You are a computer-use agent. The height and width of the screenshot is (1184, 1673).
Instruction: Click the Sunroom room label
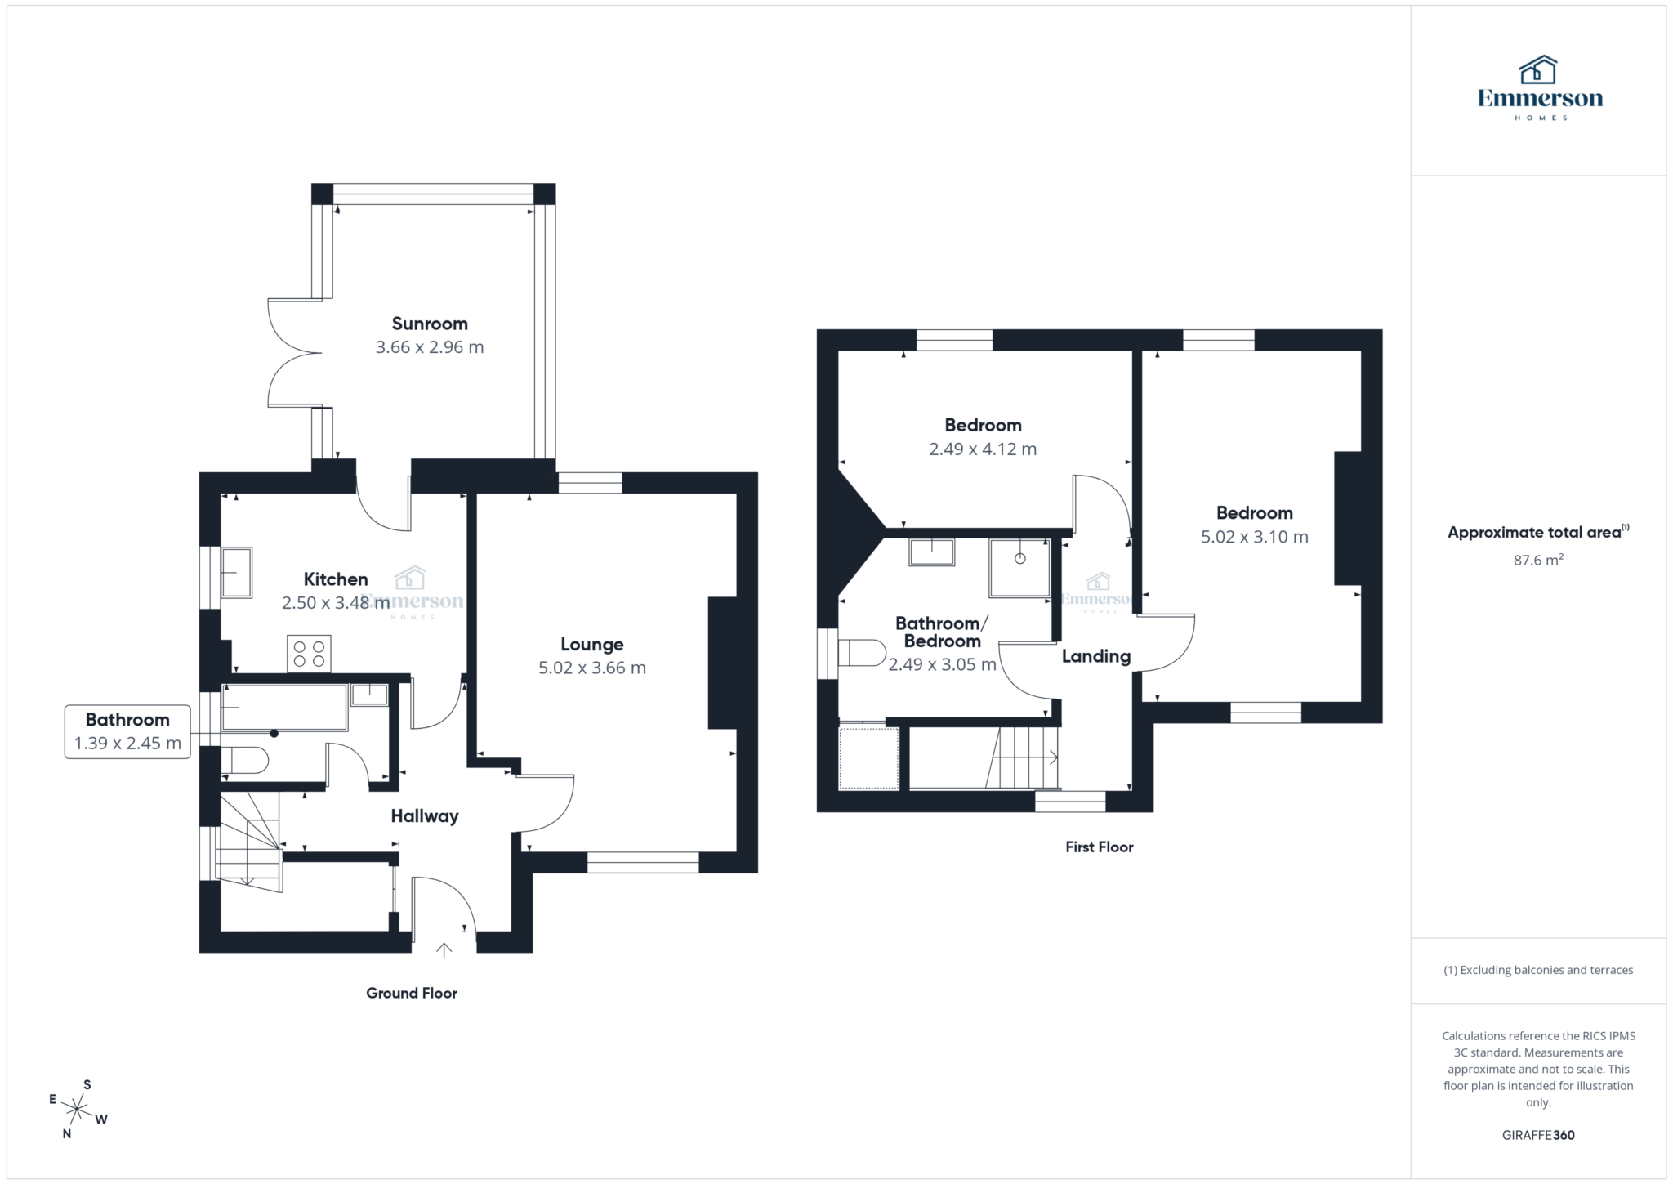pos(430,324)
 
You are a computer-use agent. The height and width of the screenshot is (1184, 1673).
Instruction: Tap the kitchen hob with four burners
pos(309,653)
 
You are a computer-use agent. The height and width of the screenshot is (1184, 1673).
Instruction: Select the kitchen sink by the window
pos(236,572)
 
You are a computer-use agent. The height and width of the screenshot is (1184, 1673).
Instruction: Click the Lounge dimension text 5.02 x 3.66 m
pos(592,668)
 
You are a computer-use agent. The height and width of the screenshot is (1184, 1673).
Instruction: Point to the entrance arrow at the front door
pos(444,949)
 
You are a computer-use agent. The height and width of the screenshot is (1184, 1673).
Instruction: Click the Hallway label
pos(425,815)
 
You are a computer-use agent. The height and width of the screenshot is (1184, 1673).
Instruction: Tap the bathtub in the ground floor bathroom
pos(283,708)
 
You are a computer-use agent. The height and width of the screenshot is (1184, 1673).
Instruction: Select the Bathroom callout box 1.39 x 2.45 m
pos(127,731)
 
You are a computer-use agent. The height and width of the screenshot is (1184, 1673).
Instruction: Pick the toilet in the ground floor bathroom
pos(245,761)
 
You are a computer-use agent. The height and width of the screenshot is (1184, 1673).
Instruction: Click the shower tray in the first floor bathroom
pos(1019,567)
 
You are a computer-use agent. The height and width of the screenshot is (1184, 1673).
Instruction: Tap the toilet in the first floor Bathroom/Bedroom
pos(863,653)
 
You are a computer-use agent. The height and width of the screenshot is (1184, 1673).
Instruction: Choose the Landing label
pos(1095,656)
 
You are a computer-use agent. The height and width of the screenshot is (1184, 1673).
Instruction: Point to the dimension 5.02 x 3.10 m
pos(1254,537)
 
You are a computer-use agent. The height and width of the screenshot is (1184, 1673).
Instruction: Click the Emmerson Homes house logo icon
pos(1537,70)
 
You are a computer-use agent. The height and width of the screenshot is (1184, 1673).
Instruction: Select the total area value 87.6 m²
pos(1537,560)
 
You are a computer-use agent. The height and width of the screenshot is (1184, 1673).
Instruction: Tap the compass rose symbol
pos(77,1109)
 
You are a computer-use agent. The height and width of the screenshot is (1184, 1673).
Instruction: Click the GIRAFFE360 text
pos(1537,1135)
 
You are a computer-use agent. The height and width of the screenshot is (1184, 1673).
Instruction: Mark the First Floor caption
pos(1099,847)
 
